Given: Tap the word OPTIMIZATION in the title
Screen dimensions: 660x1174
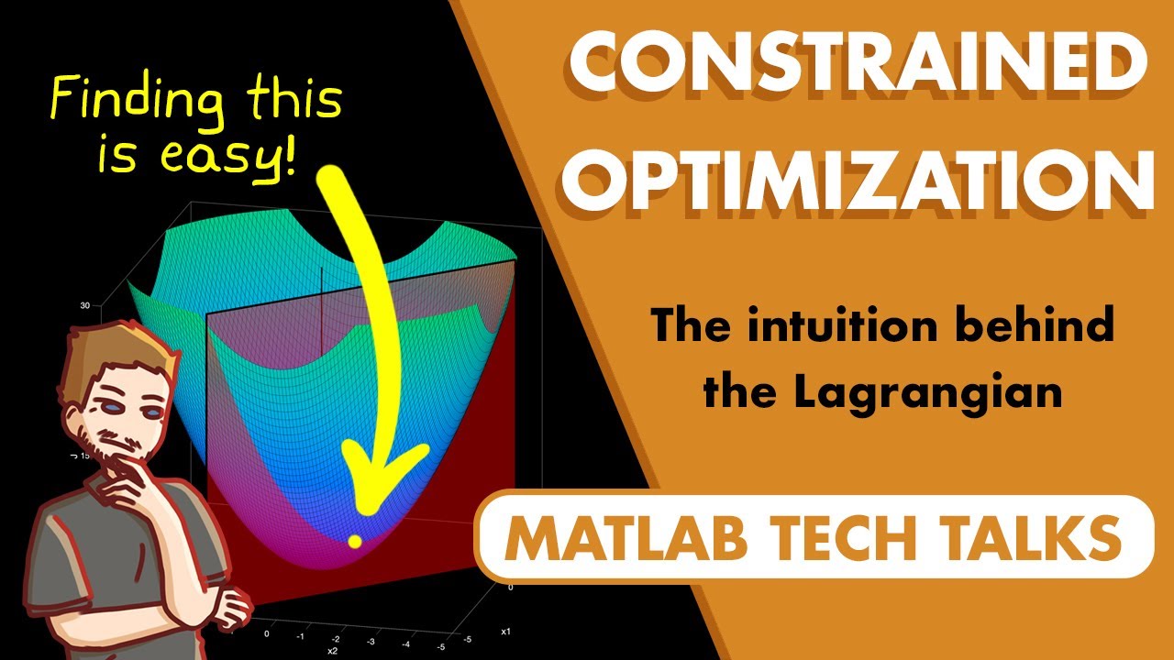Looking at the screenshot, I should point(858,180).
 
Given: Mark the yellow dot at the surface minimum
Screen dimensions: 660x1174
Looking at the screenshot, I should point(353,542).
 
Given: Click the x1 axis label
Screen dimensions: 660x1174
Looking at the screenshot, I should point(505,632).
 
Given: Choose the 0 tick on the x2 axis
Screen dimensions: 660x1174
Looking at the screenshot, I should point(266,632).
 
